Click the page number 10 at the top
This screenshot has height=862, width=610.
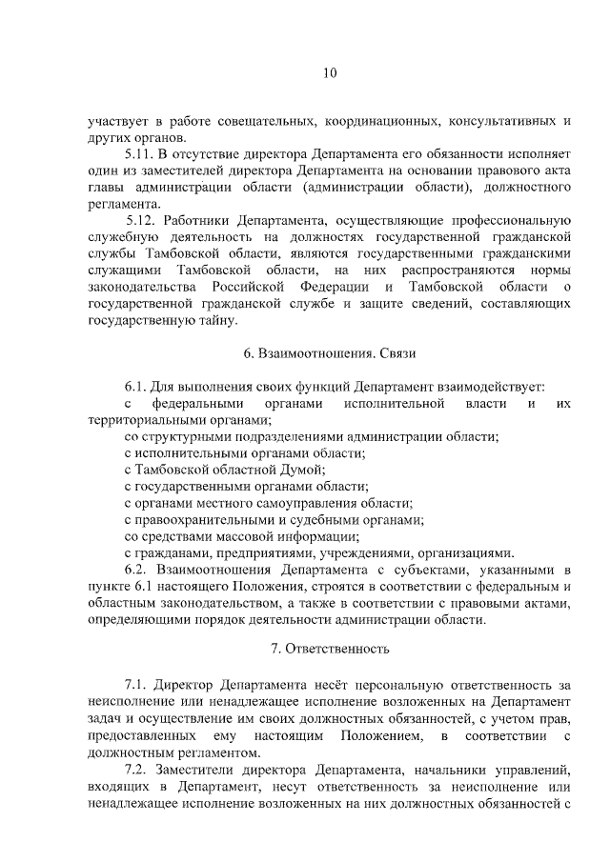click(329, 73)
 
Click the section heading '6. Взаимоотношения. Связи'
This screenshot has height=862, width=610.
click(329, 353)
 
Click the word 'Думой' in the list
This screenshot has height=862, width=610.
click(305, 470)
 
